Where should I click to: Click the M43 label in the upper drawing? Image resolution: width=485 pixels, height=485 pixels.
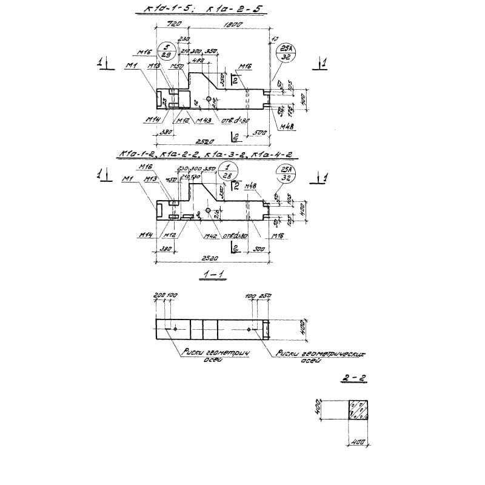click(x=205, y=121)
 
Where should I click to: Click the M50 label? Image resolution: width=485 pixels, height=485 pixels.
click(x=177, y=66)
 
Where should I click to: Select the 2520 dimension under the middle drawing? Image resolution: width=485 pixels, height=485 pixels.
click(x=209, y=258)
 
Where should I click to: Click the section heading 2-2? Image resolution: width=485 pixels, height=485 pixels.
click(x=350, y=377)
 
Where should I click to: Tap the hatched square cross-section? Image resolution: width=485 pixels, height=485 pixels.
click(x=358, y=410)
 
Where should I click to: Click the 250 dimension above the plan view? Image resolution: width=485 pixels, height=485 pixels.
click(x=265, y=295)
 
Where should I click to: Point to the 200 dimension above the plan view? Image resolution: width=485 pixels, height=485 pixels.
click(x=159, y=295)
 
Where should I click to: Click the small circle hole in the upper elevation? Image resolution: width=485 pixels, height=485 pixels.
click(x=209, y=99)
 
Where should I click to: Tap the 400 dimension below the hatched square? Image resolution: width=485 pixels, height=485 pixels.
click(x=358, y=443)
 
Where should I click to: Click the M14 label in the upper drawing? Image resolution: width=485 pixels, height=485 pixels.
click(x=152, y=120)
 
